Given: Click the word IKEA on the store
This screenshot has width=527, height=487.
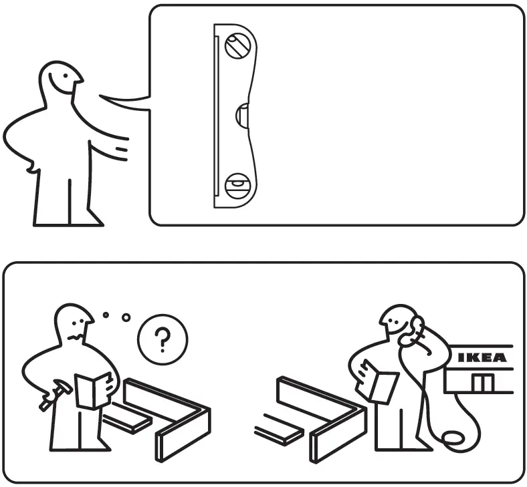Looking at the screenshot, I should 482,358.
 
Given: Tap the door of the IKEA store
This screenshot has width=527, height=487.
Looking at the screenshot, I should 482,382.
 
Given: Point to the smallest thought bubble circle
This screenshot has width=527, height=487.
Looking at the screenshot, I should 105,315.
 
